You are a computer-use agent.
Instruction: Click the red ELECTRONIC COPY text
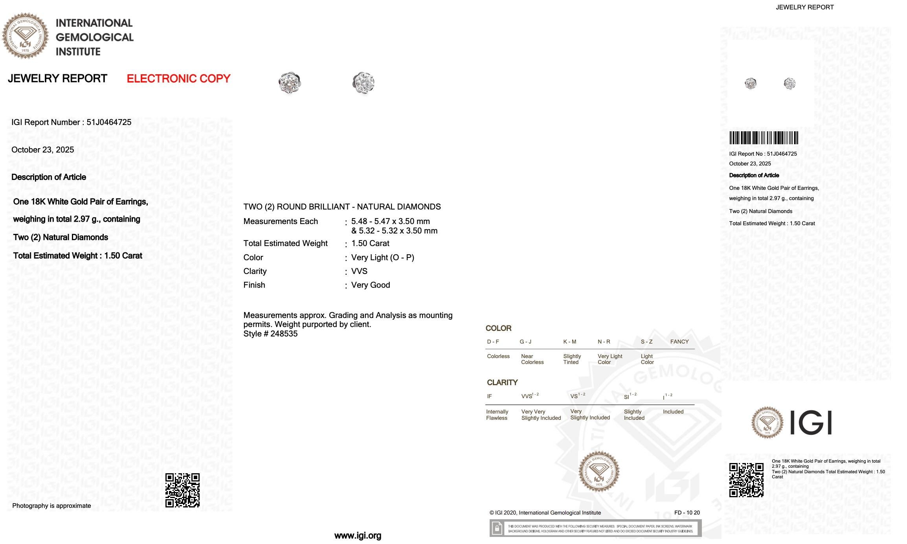tap(178, 79)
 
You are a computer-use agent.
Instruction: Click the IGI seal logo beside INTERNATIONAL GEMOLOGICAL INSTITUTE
tap(25, 36)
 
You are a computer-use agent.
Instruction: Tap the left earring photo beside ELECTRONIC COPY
tap(290, 83)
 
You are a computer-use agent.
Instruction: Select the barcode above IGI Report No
tap(764, 138)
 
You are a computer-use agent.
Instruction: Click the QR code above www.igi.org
tap(182, 490)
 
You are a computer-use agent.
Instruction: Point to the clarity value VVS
tap(359, 271)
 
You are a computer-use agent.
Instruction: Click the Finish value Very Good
tap(370, 285)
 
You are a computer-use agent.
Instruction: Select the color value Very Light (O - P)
tap(382, 257)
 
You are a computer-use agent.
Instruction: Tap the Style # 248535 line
tap(270, 334)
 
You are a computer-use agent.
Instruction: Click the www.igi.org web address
tap(358, 535)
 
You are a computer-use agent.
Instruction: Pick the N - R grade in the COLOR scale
tap(604, 342)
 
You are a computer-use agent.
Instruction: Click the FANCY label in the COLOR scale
tap(679, 342)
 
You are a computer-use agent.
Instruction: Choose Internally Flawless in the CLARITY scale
tap(497, 415)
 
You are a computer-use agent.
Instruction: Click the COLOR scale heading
tap(498, 328)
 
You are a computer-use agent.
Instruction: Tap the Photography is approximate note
tap(51, 506)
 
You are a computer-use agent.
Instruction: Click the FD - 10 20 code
tap(687, 513)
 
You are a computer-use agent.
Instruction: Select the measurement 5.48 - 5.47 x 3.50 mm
tap(390, 221)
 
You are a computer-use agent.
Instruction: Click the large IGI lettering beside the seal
tap(810, 423)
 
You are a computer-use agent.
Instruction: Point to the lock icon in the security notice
tap(497, 528)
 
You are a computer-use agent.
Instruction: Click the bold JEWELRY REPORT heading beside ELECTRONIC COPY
tap(57, 79)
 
